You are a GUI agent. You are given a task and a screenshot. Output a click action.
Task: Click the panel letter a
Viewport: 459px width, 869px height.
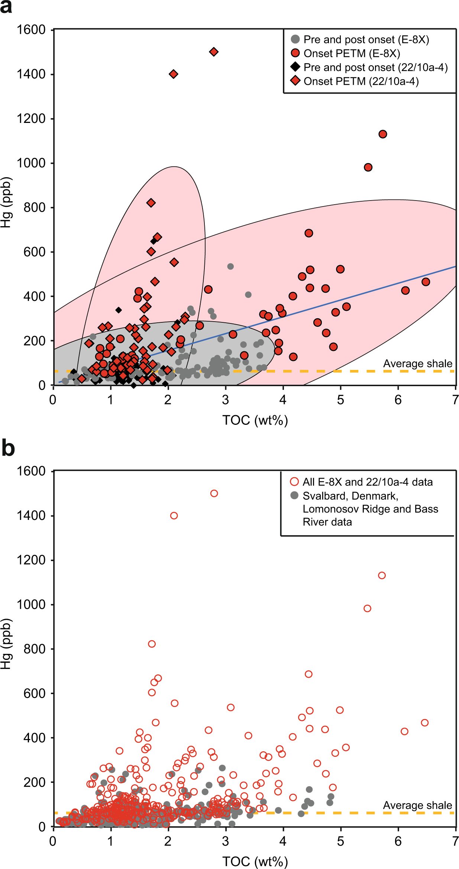click(x=6, y=7)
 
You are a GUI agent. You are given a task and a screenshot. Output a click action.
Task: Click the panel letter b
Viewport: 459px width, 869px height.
click(x=8, y=448)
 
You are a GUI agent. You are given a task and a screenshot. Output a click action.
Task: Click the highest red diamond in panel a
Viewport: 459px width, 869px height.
click(x=214, y=52)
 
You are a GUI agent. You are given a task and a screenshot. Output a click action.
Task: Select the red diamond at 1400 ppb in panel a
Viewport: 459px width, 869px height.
click(x=173, y=74)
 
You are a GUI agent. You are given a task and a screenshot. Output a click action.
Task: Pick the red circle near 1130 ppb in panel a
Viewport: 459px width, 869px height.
click(x=383, y=134)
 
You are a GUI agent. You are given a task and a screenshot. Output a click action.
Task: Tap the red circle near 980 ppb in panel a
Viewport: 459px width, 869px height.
click(x=368, y=167)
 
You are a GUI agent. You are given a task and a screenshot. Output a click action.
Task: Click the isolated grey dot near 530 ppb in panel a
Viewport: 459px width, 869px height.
click(x=230, y=267)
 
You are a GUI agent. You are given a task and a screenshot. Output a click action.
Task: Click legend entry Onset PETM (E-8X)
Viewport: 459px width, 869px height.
click(x=351, y=53)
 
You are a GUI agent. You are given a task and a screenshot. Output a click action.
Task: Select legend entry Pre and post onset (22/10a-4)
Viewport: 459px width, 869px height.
click(x=375, y=67)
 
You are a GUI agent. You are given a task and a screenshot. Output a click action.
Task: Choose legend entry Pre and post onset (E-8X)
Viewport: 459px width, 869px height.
click(x=366, y=39)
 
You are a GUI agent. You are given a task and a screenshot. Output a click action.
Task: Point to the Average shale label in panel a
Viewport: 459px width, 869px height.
click(x=417, y=364)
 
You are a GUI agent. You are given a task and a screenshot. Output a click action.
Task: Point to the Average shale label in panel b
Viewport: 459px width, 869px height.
click(x=417, y=805)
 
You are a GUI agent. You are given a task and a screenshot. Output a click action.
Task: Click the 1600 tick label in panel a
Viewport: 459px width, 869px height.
click(x=31, y=30)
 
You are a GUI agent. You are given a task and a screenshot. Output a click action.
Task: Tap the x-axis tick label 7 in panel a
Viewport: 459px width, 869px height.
click(x=455, y=400)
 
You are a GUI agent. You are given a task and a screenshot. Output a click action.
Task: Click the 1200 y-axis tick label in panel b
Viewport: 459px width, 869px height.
click(x=31, y=560)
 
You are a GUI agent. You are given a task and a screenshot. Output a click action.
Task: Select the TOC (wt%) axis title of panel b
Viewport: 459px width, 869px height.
click(x=255, y=862)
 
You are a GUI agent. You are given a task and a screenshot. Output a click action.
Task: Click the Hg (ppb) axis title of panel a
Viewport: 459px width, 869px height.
click(x=7, y=202)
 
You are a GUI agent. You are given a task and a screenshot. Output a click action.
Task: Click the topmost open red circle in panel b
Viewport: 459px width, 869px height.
click(x=214, y=494)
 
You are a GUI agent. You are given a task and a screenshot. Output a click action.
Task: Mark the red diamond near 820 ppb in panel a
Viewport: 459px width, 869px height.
click(x=151, y=203)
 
